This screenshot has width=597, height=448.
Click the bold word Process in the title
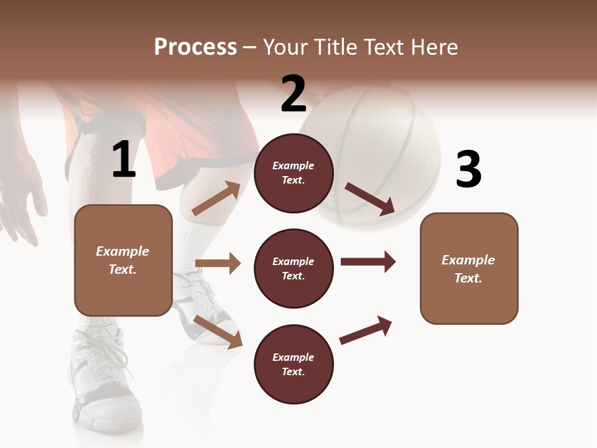click(x=195, y=47)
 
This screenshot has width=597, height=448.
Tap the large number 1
click(x=124, y=159)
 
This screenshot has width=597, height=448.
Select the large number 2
click(x=294, y=93)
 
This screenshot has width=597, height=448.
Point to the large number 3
click(x=468, y=169)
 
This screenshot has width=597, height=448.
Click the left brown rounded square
click(x=123, y=260)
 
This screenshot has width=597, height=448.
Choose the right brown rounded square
click(x=469, y=268)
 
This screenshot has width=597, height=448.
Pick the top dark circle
click(x=294, y=173)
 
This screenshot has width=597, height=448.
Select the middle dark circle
click(x=294, y=268)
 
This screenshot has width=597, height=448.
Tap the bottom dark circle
click(x=294, y=364)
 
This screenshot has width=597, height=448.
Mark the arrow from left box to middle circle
click(x=218, y=263)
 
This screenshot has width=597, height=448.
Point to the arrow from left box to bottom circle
click(x=218, y=331)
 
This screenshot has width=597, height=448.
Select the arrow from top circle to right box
click(x=369, y=198)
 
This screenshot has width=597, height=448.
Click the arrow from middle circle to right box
click(x=368, y=261)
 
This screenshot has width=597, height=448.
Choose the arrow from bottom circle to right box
click(x=366, y=330)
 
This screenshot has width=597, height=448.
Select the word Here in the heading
click(x=433, y=47)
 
